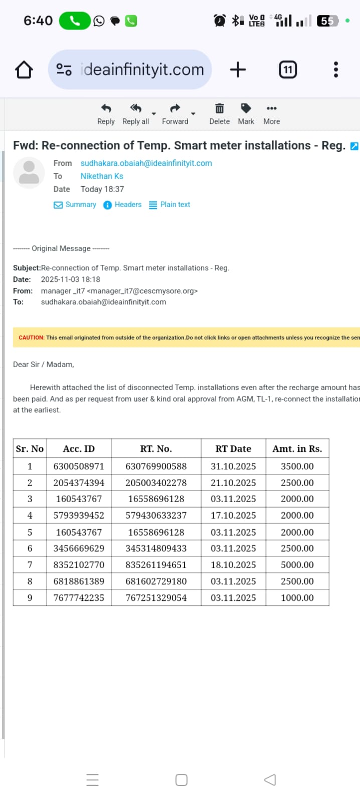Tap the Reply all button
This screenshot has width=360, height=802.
click(135, 114)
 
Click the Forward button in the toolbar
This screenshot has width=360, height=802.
click(175, 114)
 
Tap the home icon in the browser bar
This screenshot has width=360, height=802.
click(24, 70)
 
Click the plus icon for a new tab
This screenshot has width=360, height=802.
click(238, 70)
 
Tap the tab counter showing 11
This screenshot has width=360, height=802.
click(287, 70)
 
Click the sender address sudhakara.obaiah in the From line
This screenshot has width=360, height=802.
click(146, 163)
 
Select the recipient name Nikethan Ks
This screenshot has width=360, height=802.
click(102, 176)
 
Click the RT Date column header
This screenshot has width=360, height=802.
click(233, 449)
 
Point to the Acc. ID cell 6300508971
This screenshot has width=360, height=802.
click(79, 466)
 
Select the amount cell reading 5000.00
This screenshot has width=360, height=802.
click(297, 565)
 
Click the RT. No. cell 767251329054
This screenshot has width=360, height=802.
click(156, 598)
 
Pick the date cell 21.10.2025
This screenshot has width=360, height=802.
click(233, 483)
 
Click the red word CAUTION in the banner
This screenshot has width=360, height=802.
click(31, 338)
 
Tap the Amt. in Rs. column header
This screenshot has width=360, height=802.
click(297, 449)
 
